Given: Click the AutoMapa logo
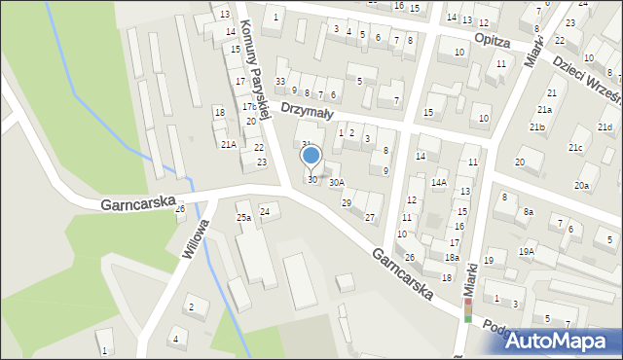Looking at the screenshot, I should pos(558,341).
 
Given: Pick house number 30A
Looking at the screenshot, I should pos(336,182).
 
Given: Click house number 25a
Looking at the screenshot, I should pos(243,218).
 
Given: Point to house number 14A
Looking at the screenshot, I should pos(439,182).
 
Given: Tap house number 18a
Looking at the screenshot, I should pos(452,257).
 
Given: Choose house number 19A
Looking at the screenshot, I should pos(527,252).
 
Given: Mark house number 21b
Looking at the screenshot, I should pos(537,127).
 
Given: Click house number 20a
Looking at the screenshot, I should pos(581,185).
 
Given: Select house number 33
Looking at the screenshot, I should pos(280,81).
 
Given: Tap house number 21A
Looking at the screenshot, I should pos(228,144).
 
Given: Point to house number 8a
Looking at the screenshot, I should pos(529,211).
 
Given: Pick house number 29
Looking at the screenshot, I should pos(347,202).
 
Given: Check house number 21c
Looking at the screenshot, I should pos(575,148).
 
